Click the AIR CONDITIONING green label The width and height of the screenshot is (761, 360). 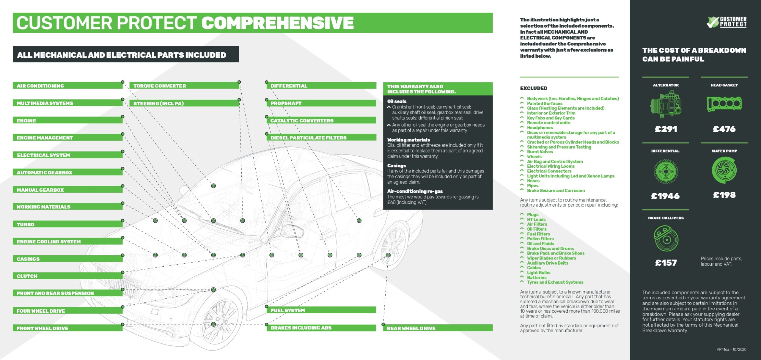67,86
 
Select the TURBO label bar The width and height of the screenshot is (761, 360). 67,224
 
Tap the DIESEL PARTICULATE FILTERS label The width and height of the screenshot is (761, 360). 321,137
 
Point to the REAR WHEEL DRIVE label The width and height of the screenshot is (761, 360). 438,328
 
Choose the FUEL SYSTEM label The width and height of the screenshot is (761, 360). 321,310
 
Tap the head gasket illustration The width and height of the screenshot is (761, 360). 724,104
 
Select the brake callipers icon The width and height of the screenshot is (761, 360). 666,238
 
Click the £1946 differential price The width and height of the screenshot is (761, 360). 665,196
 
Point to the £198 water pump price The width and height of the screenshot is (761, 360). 724,195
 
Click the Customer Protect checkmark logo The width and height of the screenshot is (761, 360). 727,22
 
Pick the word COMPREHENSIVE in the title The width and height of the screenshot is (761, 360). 278,23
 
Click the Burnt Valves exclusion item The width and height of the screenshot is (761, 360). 540,152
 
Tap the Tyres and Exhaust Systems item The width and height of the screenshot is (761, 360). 555,282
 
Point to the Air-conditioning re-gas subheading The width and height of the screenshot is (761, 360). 415,191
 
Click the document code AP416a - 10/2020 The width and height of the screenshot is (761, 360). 731,349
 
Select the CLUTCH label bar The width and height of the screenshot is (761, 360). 67,276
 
